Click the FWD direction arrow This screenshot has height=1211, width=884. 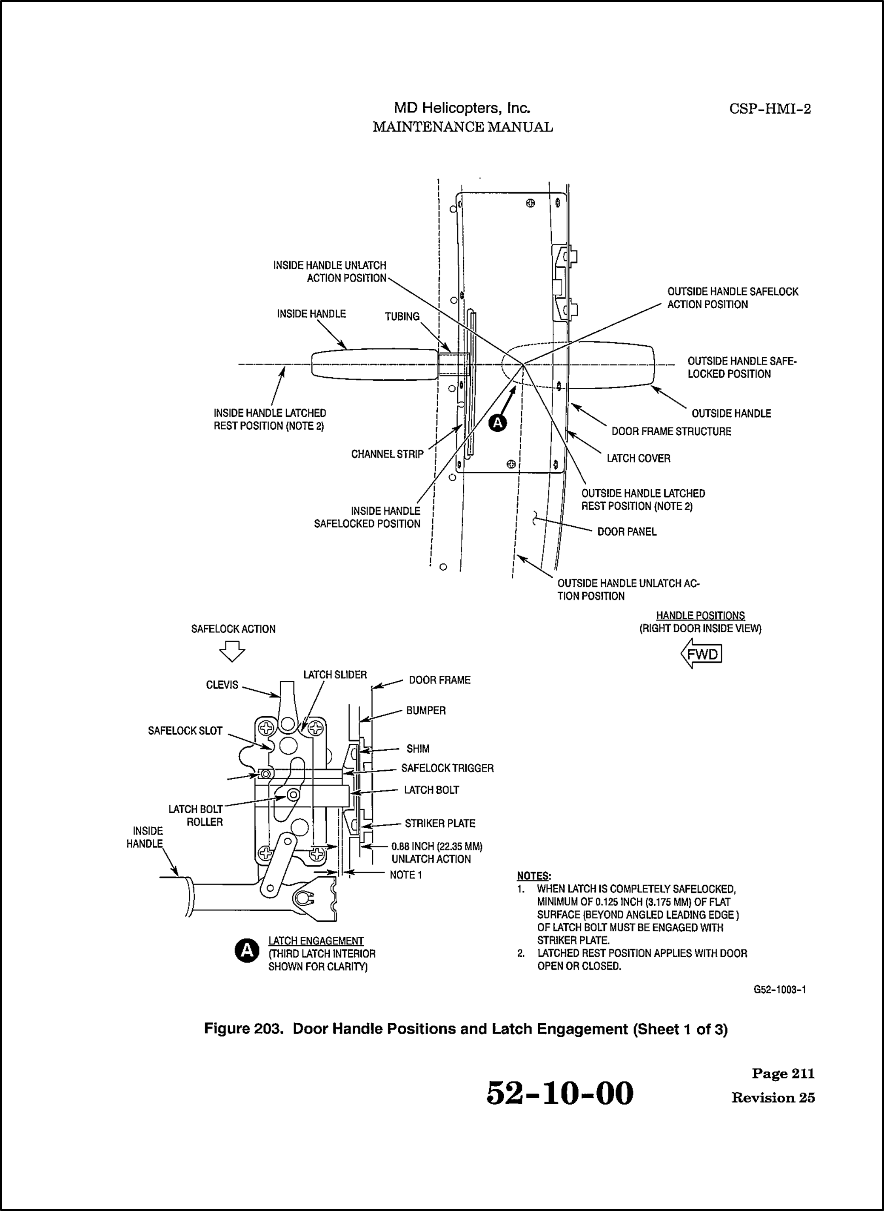(701, 654)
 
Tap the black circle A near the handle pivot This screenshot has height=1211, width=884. (498, 423)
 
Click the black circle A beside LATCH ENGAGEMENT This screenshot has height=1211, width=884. (247, 950)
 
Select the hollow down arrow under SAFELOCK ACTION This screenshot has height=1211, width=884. (232, 652)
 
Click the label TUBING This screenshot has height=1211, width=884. (402, 316)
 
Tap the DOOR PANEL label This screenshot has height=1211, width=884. (627, 532)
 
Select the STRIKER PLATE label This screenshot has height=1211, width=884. (440, 823)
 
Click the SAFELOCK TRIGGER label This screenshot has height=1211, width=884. (448, 768)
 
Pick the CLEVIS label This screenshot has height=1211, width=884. (222, 685)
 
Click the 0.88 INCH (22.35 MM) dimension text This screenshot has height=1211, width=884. (436, 847)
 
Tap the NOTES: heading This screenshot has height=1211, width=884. (533, 876)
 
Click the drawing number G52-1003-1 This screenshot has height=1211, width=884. (779, 990)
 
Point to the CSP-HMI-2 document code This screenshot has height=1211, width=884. (770, 109)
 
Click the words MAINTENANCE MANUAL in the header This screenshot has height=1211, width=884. (462, 127)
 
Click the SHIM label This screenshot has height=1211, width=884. (417, 749)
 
